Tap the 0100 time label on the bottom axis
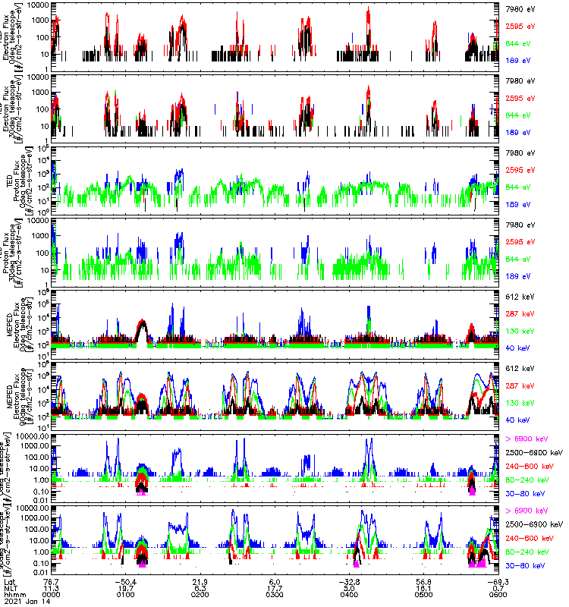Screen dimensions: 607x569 127,595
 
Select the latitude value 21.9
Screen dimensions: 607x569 202,580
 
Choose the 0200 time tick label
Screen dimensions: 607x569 202,595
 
